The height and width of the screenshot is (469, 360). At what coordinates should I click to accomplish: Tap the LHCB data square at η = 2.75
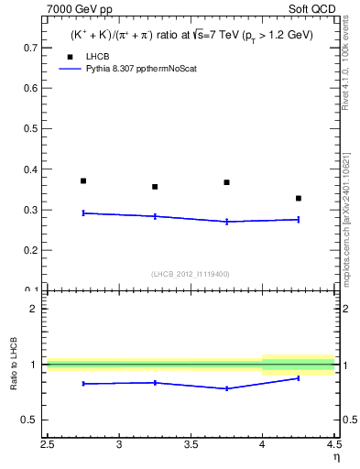click(83, 180)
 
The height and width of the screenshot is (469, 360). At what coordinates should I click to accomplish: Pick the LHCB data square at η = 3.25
click(155, 187)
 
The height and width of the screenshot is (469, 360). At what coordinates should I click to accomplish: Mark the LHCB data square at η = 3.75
click(226, 182)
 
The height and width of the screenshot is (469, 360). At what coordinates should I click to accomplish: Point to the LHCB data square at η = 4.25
click(299, 198)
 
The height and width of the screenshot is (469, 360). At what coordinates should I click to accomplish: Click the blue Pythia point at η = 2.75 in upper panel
click(83, 213)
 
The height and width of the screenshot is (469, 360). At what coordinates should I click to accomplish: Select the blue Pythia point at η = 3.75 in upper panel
click(226, 222)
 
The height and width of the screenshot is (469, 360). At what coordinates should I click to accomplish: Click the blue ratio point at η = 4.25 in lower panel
click(299, 378)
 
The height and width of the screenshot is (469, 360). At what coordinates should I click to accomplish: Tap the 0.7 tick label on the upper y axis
click(30, 48)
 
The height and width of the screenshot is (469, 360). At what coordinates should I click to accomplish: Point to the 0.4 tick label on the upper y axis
click(30, 169)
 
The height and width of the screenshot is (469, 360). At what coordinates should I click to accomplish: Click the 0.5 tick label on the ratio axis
click(30, 420)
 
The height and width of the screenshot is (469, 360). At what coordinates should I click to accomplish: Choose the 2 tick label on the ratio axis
click(35, 309)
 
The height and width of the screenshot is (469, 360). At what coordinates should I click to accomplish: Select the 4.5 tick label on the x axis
click(333, 446)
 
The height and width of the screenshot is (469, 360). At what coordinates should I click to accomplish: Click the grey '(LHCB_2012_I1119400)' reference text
click(191, 274)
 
